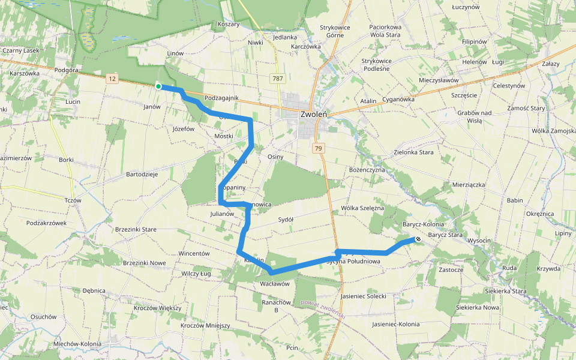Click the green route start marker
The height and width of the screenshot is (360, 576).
(158, 86)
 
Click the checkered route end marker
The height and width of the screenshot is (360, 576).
(418, 239)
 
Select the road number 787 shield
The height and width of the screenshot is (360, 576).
(277, 79)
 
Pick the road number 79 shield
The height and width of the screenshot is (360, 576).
(319, 148)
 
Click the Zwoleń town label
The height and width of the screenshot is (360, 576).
(313, 114)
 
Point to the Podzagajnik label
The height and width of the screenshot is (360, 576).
(221, 98)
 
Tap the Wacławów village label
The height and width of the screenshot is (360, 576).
(275, 284)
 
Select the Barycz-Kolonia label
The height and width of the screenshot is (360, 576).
(424, 224)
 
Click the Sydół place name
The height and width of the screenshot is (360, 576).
(286, 220)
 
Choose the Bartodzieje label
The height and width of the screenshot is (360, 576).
(142, 175)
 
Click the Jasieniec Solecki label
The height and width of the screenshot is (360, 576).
(363, 296)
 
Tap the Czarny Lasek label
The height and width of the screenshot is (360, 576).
(20, 51)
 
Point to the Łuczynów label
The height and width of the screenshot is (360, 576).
(466, 7)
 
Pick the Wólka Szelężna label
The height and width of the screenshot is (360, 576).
(362, 208)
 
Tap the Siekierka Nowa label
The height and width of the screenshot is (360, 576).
(478, 307)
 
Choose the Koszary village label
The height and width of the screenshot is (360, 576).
(229, 25)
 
